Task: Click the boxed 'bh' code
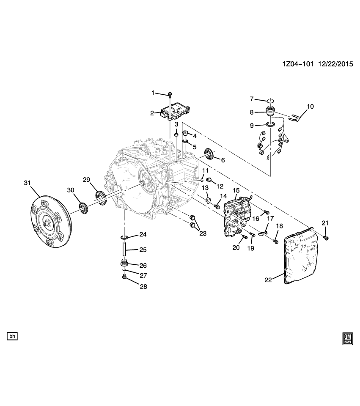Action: [13, 337]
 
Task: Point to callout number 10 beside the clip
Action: [310, 107]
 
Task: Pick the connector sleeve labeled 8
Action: [269, 112]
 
